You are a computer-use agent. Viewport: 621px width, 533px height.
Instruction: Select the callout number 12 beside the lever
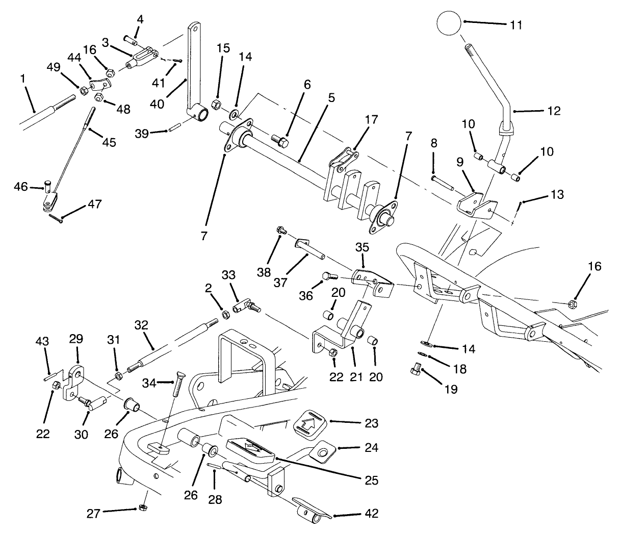(x=553, y=111)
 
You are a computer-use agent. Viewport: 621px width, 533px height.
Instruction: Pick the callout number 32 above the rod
(x=141, y=325)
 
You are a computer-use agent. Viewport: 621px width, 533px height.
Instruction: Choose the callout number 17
(x=372, y=120)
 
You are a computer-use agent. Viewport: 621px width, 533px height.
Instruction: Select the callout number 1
(x=22, y=79)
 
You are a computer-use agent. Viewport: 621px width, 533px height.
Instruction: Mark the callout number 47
(x=94, y=205)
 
